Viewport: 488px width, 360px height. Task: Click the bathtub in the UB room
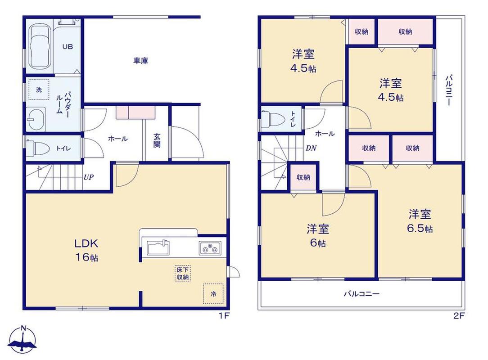40,48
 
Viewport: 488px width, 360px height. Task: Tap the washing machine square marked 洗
39,90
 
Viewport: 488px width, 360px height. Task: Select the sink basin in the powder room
36,119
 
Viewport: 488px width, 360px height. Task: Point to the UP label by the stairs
89,178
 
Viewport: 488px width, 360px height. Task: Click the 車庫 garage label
140,61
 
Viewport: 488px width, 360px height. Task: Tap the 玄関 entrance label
157,140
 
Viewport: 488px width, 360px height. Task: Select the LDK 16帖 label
86,250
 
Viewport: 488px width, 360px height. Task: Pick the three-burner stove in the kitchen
210,248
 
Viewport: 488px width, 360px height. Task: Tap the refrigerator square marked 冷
213,294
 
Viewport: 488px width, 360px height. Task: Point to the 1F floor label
224,316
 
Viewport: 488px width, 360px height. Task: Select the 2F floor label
459,316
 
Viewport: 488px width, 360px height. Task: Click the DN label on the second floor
311,148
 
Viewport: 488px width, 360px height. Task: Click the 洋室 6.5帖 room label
420,221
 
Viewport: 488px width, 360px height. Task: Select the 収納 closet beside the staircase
303,177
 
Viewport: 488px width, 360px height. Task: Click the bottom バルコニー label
361,294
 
